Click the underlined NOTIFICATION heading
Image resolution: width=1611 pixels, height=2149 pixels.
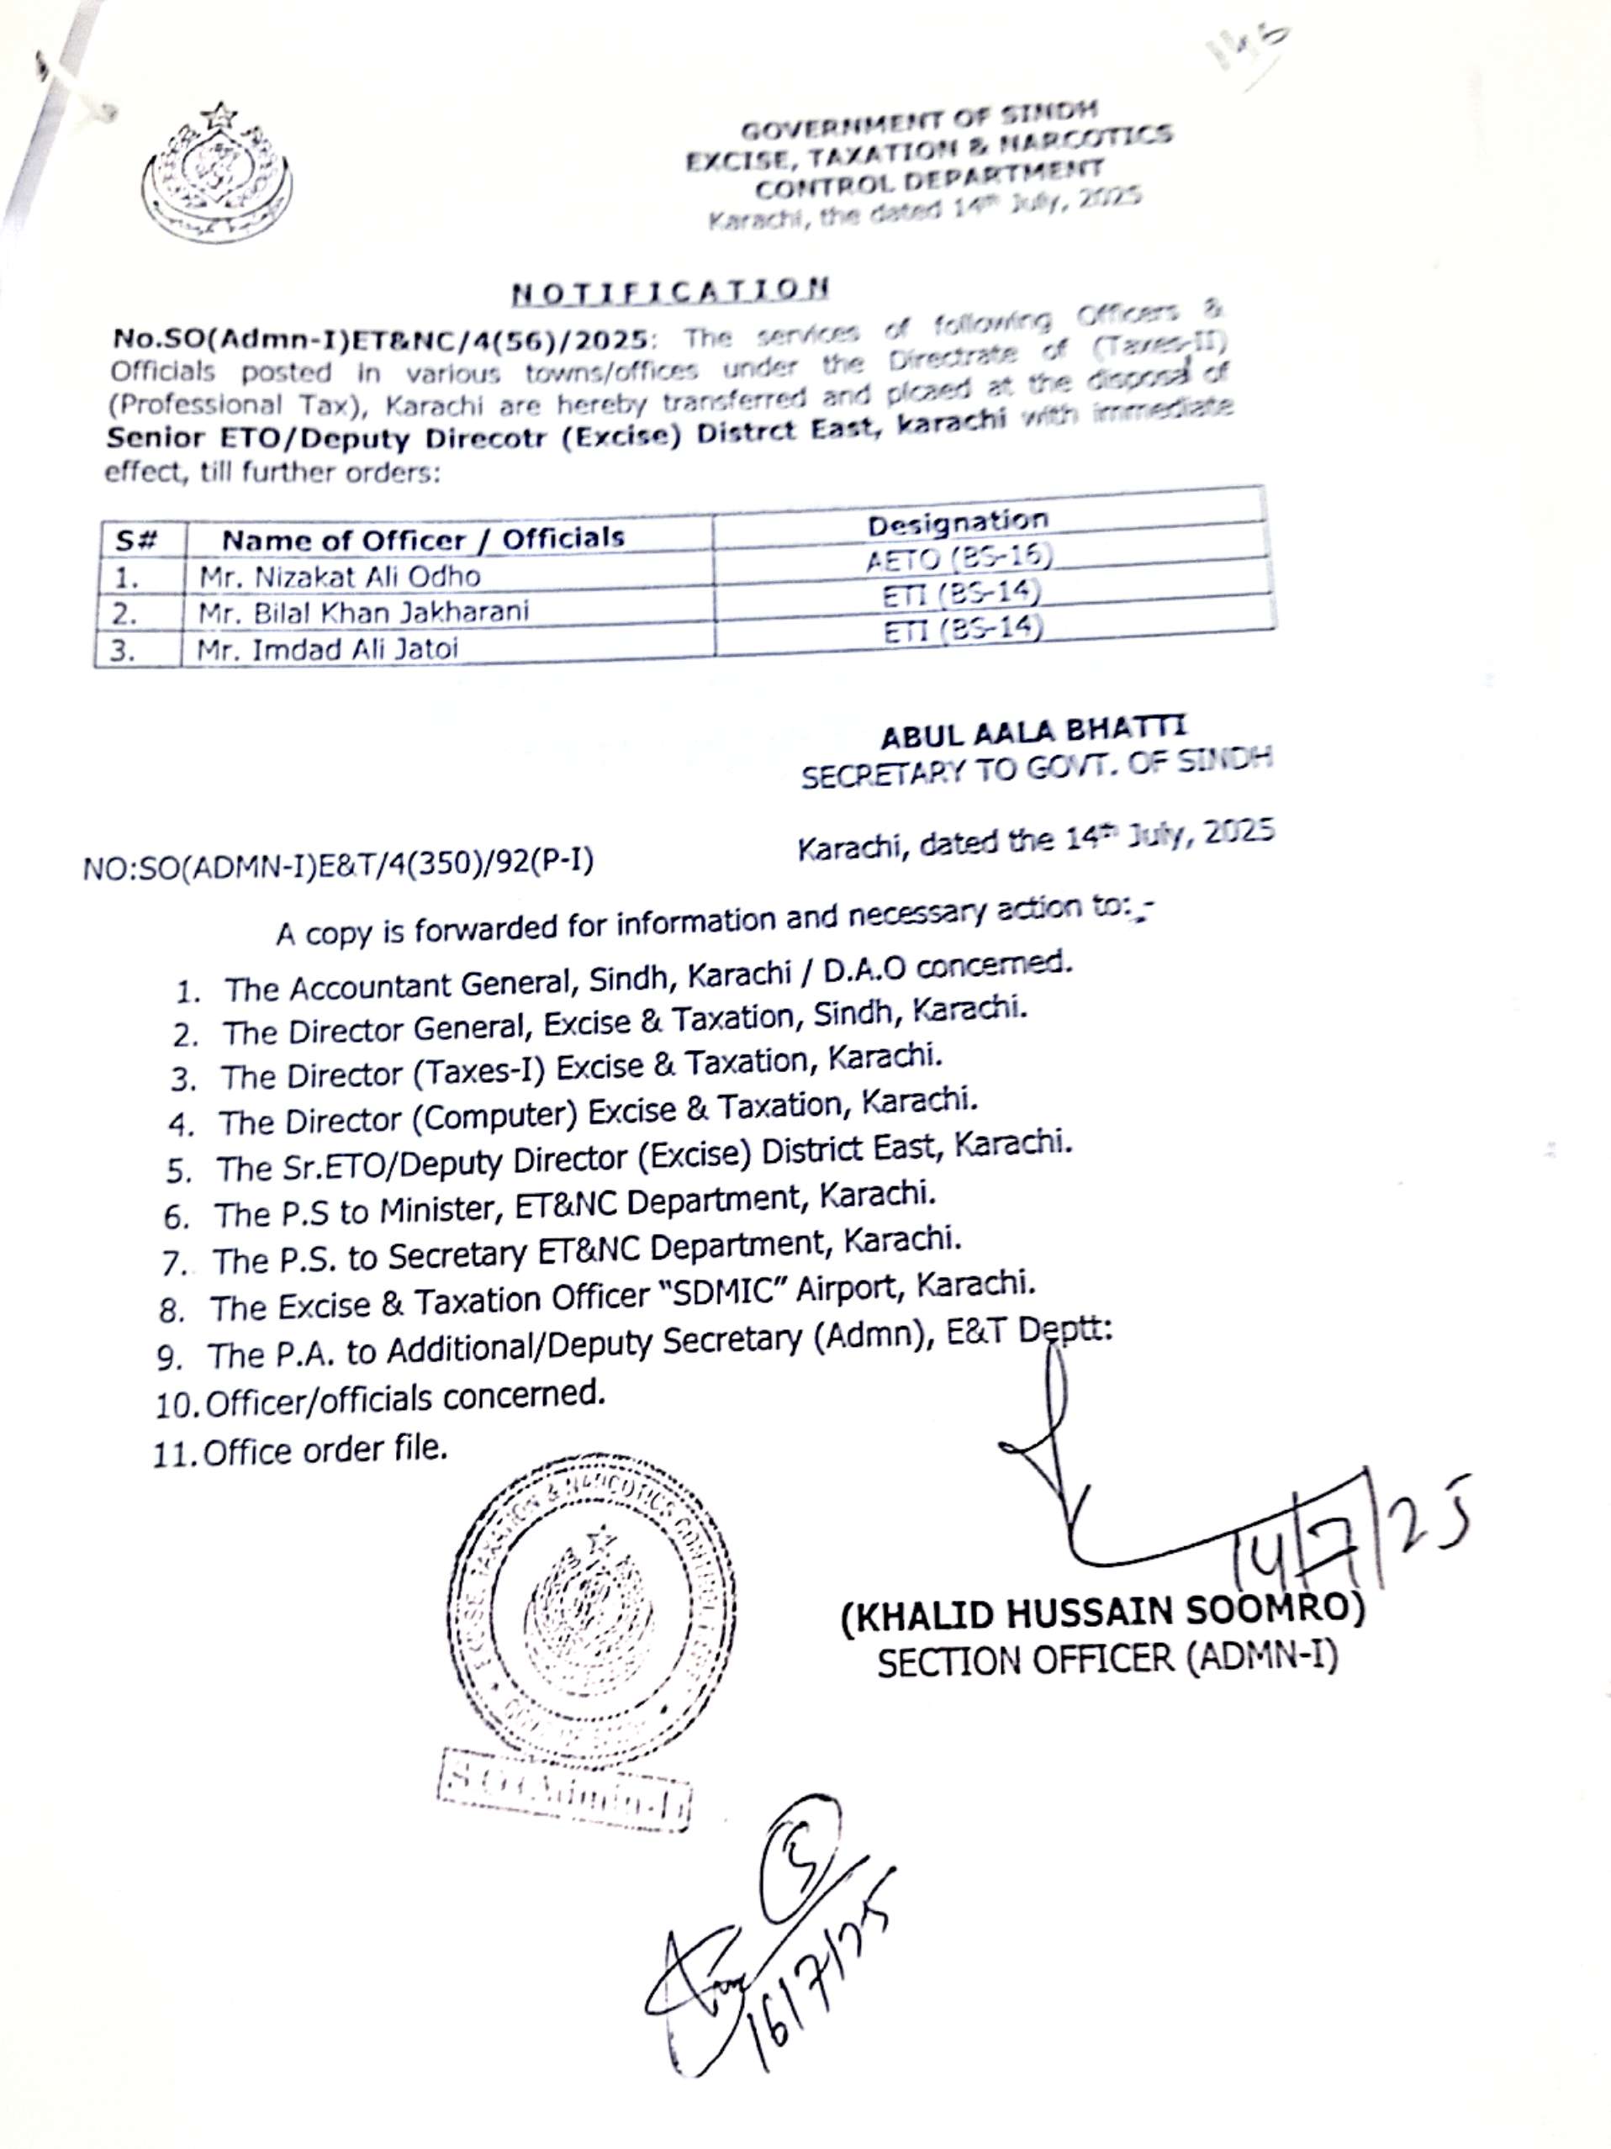pos(670,289)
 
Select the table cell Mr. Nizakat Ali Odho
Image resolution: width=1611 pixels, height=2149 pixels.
pos(340,576)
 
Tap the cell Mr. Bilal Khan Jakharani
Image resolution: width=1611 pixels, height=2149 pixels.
pos(363,612)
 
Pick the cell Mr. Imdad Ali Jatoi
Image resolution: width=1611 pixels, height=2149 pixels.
pos(327,648)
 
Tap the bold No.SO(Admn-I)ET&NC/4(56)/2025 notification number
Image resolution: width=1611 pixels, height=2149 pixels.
pos(379,339)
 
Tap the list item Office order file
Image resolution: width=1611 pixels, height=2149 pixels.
pos(325,1450)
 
